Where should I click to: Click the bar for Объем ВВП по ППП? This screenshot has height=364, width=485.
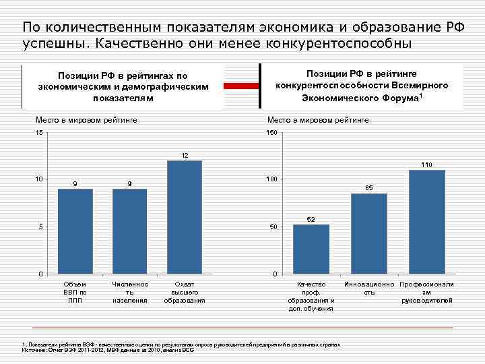click(75, 231)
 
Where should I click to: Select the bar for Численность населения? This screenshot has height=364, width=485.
click(129, 231)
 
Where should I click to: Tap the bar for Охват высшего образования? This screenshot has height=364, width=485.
click(184, 217)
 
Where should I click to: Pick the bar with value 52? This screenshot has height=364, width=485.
click(311, 249)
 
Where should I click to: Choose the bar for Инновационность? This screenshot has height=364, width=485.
click(369, 233)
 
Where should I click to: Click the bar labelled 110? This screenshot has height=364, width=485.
click(427, 222)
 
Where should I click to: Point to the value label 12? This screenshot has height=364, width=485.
click(184, 156)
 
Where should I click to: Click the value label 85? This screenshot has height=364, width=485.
click(369, 187)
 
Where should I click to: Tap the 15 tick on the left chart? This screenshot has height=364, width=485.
click(38, 133)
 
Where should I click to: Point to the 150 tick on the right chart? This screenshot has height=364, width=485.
click(271, 133)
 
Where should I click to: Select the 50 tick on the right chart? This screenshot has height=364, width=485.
click(273, 227)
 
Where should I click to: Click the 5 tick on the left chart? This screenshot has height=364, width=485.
click(40, 227)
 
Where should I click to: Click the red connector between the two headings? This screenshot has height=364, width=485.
click(241, 86)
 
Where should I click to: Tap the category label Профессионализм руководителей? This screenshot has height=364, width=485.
click(427, 293)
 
